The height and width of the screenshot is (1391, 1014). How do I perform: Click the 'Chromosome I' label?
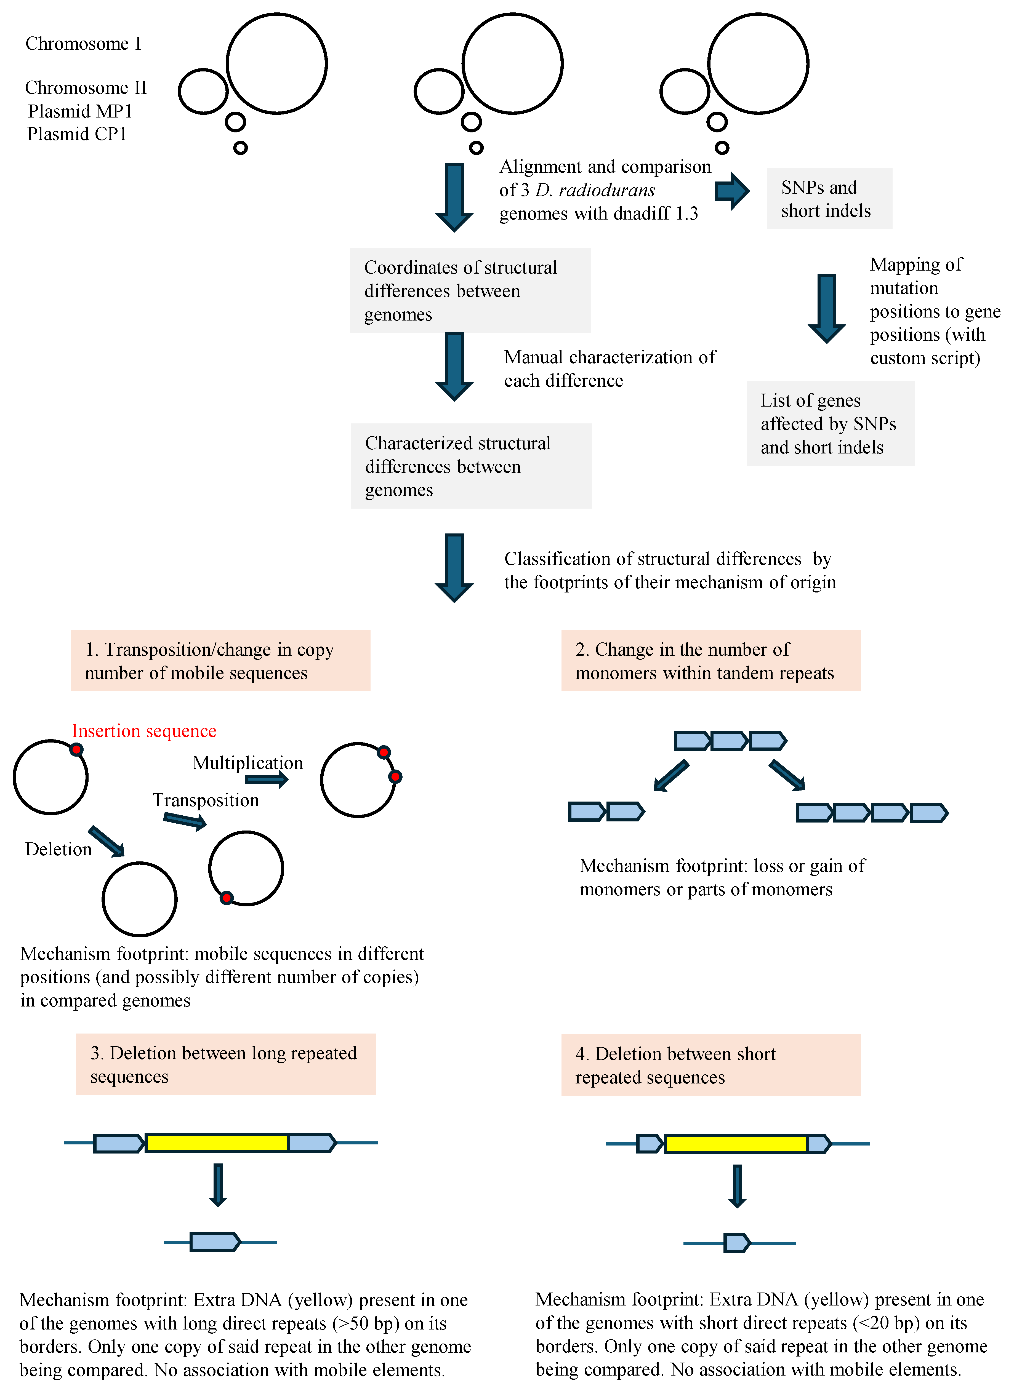pos(83,44)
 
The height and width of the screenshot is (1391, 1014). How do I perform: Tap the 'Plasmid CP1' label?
pos(77,134)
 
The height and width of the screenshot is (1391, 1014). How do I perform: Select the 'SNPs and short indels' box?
pos(829,198)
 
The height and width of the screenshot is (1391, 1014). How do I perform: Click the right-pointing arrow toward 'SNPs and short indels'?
pos(732,191)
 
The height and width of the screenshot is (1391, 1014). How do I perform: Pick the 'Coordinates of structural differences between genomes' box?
pos(470,290)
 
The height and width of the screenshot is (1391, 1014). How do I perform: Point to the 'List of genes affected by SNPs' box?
pos(830,423)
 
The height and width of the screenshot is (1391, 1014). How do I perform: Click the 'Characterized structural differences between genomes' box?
pos(471,466)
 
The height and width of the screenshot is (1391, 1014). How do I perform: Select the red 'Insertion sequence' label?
pos(144,731)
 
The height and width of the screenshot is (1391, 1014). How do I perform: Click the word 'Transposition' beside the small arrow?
pos(206,800)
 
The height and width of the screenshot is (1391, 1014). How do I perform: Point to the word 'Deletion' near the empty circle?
pos(58,849)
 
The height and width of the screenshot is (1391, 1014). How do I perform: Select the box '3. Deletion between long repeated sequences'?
pos(226,1065)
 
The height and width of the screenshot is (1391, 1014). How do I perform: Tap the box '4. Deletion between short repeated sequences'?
pos(711,1065)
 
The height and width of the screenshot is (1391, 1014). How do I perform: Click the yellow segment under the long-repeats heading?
pos(217,1142)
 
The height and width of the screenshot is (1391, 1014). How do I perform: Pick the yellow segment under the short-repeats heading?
pos(735,1144)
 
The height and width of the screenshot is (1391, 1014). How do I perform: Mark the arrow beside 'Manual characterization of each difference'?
pos(454,366)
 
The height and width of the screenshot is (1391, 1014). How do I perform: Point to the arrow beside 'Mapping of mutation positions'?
pos(827,308)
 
